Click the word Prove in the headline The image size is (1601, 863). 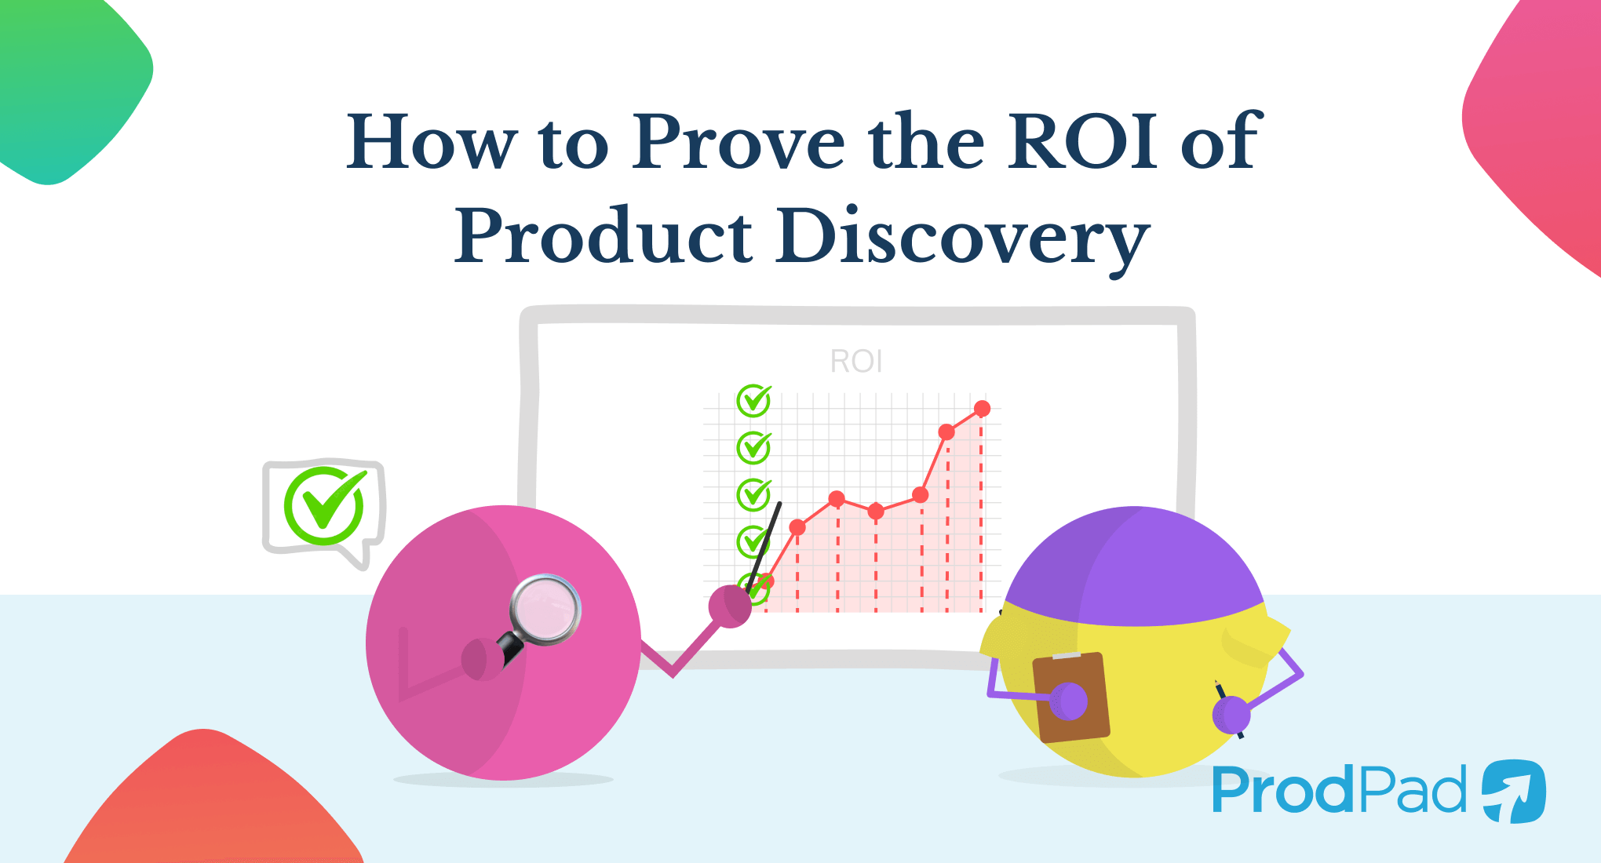(x=738, y=143)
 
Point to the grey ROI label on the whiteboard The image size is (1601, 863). (x=856, y=362)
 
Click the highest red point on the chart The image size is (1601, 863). (x=982, y=409)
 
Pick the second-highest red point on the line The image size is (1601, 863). (x=946, y=432)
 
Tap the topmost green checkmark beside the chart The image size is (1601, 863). (x=753, y=401)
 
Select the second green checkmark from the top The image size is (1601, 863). (x=753, y=447)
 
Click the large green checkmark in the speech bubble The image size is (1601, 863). (x=325, y=506)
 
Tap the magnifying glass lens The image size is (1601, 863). (x=545, y=610)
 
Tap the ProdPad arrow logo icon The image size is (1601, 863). (x=1513, y=791)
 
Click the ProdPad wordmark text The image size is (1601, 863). (x=1338, y=791)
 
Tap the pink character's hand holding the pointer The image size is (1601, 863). (x=730, y=606)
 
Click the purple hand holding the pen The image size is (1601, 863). (x=1231, y=715)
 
